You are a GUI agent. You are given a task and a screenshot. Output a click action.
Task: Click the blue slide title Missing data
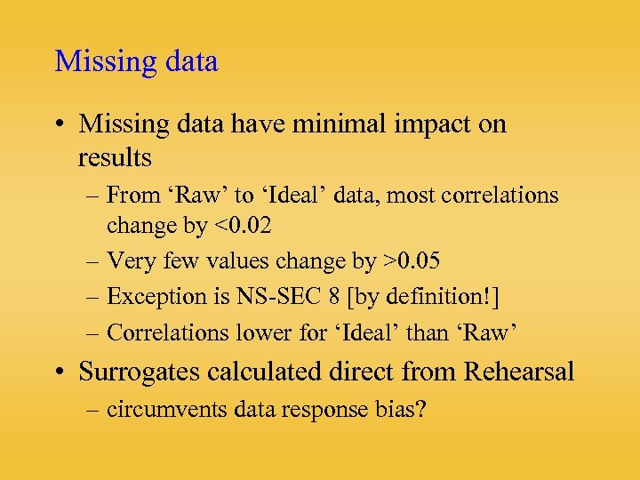(x=136, y=62)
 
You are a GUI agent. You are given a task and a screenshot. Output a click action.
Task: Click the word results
(x=115, y=158)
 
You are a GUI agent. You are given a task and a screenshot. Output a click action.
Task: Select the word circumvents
(x=158, y=410)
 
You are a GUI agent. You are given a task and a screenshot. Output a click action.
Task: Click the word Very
(x=128, y=261)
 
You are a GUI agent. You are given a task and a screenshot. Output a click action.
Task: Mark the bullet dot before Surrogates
(x=65, y=372)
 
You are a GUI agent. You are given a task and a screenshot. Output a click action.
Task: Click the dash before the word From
(x=94, y=196)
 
